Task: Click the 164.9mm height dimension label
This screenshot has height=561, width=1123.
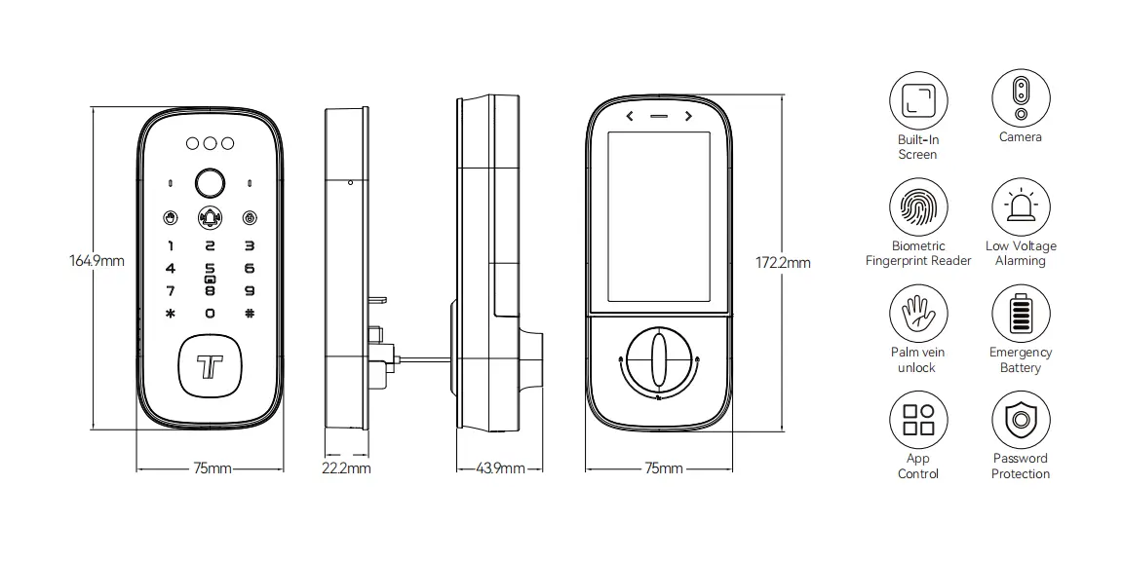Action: click(x=97, y=261)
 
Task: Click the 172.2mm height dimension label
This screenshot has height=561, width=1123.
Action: click(x=784, y=262)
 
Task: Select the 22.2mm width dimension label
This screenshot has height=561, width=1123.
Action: click(x=346, y=468)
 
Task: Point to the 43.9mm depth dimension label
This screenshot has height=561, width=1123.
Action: click(x=501, y=468)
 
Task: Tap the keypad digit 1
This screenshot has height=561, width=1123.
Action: click(x=171, y=247)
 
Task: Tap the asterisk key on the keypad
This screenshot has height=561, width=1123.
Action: click(x=171, y=314)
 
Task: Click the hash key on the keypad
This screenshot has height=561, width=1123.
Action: click(x=250, y=314)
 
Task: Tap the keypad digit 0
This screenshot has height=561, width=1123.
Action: click(x=210, y=314)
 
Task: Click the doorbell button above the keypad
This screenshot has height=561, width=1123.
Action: click(x=210, y=217)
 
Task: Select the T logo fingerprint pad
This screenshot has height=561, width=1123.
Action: click(x=210, y=367)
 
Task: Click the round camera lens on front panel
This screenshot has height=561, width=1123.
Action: click(x=210, y=182)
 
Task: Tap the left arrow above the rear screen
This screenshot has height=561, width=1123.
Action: click(x=630, y=117)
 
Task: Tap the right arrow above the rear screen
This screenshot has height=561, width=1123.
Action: click(x=688, y=117)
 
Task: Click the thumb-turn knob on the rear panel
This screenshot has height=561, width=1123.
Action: click(x=658, y=361)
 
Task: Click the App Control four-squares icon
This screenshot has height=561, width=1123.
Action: click(x=918, y=421)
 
